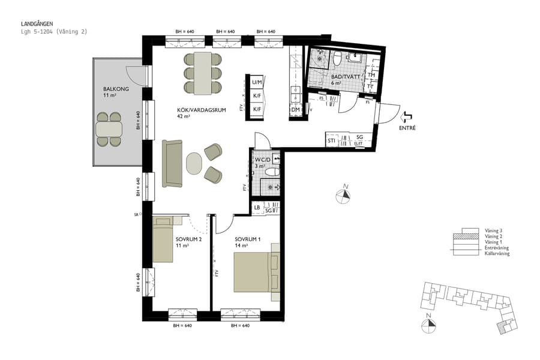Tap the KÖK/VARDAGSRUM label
pyautogui.click(x=193, y=110)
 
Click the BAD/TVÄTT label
pyautogui.click(x=343, y=77)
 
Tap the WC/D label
pyautogui.click(x=263, y=160)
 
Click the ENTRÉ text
pyautogui.click(x=407, y=128)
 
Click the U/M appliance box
pyautogui.click(x=257, y=82)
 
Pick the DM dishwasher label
pyautogui.click(x=295, y=110)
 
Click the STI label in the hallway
pyautogui.click(x=331, y=140)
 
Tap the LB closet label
pyautogui.click(x=257, y=208)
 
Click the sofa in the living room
pyautogui.click(x=172, y=163)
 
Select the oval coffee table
pyautogui.click(x=195, y=163)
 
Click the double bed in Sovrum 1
pyautogui.click(x=256, y=271)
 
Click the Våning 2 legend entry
pyautogui.click(x=493, y=236)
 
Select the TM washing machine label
pyautogui.click(x=371, y=76)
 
